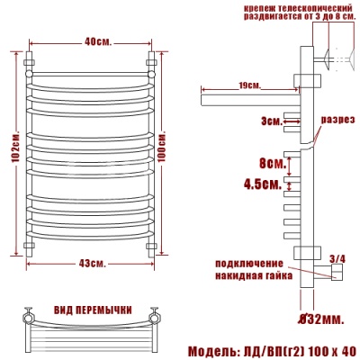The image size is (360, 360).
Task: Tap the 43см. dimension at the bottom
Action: (92, 263)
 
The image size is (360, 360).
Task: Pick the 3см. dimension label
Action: (268, 119)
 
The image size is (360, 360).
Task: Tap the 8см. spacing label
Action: (269, 163)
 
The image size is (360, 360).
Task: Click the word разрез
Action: (337, 119)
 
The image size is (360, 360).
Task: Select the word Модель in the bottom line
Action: (214, 349)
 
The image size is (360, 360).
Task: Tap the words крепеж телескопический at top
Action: (296, 8)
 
